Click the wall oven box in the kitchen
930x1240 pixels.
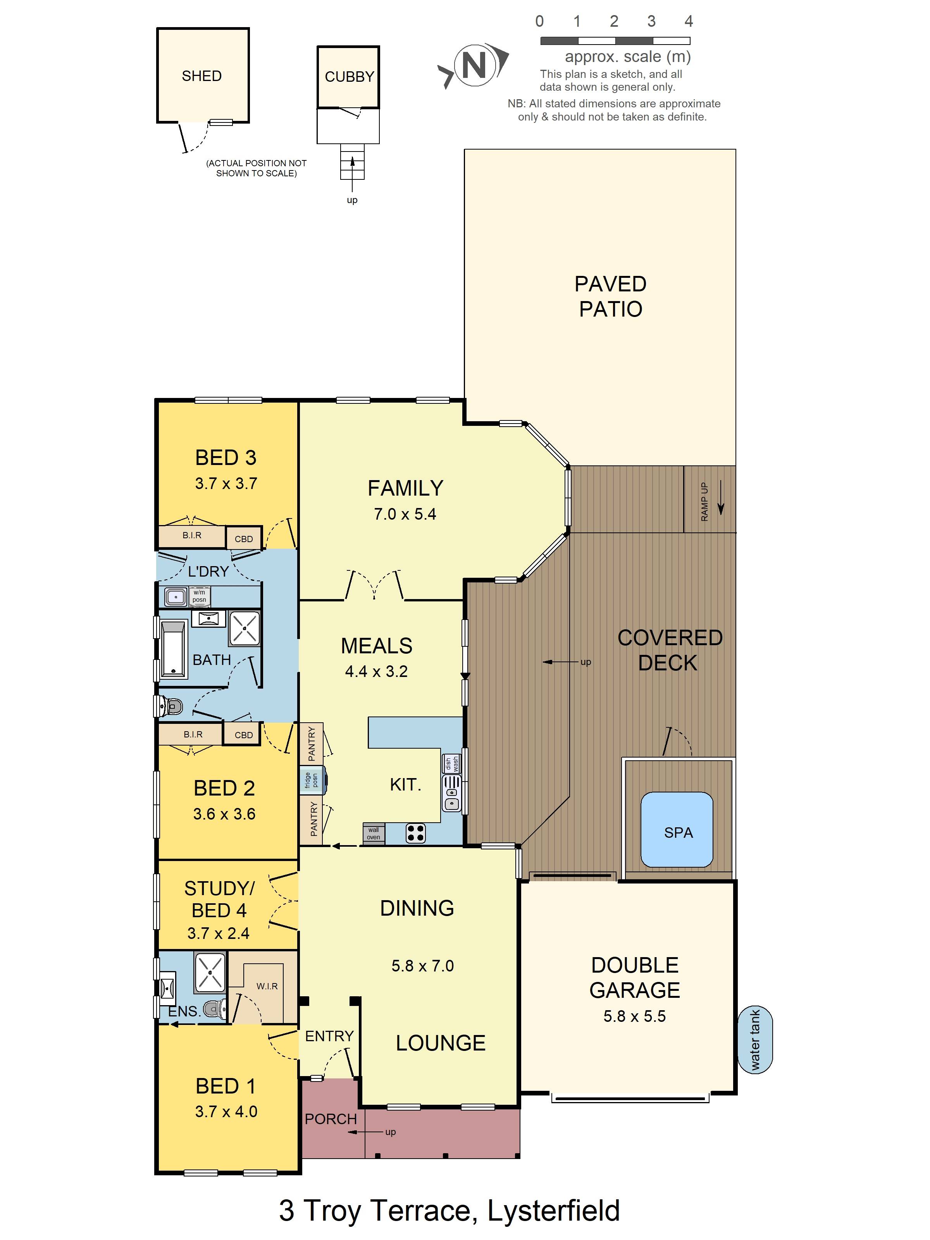pyautogui.click(x=373, y=834)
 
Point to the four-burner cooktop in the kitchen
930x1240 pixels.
pyautogui.click(x=415, y=833)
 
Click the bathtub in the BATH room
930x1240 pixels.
pyautogui.click(x=173, y=649)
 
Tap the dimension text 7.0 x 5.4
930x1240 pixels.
pyautogui.click(x=405, y=514)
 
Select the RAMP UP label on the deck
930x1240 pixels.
pyautogui.click(x=704, y=502)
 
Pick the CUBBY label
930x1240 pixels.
pyautogui.click(x=349, y=77)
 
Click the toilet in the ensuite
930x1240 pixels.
pyautogui.click(x=214, y=1009)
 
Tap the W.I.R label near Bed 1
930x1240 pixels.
pyautogui.click(x=267, y=986)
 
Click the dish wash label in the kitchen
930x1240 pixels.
pyautogui.click(x=452, y=763)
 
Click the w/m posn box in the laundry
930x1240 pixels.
pyautogui.click(x=200, y=596)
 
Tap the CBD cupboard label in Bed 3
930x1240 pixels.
pyautogui.click(x=243, y=539)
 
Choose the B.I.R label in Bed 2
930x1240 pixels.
pyautogui.click(x=193, y=734)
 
